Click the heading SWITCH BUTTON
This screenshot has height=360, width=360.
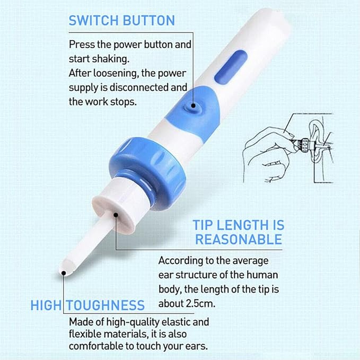click(x=121, y=21)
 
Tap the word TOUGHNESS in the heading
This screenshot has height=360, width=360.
click(x=111, y=305)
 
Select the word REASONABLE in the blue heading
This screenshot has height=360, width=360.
click(x=239, y=239)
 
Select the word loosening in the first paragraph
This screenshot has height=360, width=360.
click(x=116, y=73)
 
